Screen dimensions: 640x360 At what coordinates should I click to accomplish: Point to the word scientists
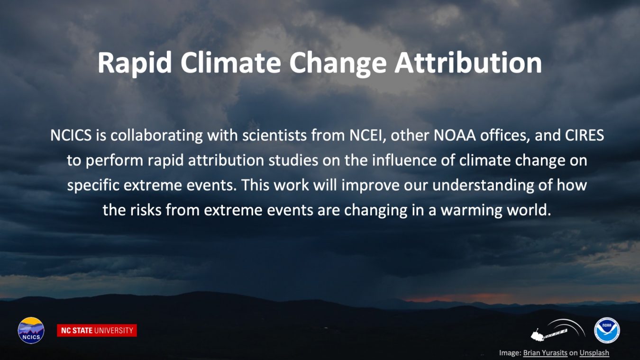pos(274,135)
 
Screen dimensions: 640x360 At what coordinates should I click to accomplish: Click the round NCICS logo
pos(31,330)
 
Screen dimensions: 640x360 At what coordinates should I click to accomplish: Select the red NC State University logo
pos(97,331)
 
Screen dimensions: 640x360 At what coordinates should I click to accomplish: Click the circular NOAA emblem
pos(607,330)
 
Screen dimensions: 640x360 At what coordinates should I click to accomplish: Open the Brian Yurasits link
pos(545,353)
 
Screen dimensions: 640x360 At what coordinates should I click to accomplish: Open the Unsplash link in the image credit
pos(594,353)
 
